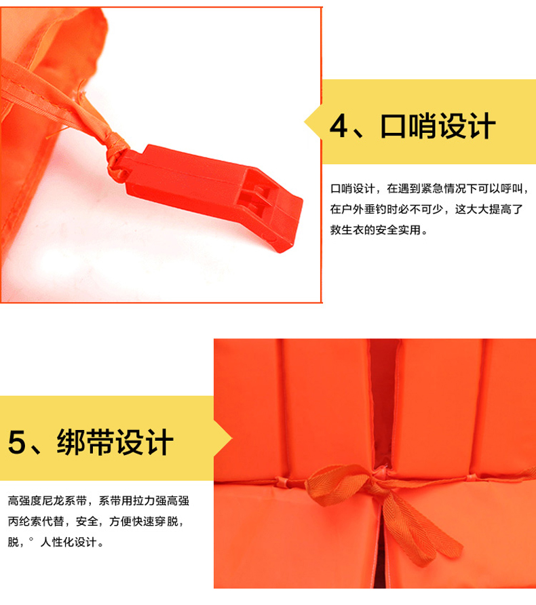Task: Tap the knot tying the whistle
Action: coord(116,158)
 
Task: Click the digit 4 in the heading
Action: coord(339,125)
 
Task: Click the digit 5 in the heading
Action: coord(17,442)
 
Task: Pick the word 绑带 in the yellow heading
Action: coord(85,442)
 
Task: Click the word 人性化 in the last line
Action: coord(57,542)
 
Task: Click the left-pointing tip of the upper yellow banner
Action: coord(305,122)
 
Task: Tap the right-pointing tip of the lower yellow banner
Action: coord(231,438)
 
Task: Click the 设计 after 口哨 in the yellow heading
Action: coord(467,125)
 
